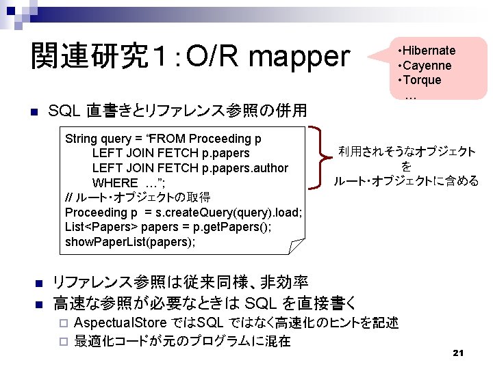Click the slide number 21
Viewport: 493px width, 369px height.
click(x=459, y=353)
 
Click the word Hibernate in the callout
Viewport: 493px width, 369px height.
click(x=429, y=51)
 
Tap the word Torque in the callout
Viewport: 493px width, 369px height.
click(x=422, y=80)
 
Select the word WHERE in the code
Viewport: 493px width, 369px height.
click(x=115, y=183)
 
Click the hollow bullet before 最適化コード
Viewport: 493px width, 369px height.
click(x=62, y=341)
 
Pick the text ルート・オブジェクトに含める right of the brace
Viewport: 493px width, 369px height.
click(x=406, y=181)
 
